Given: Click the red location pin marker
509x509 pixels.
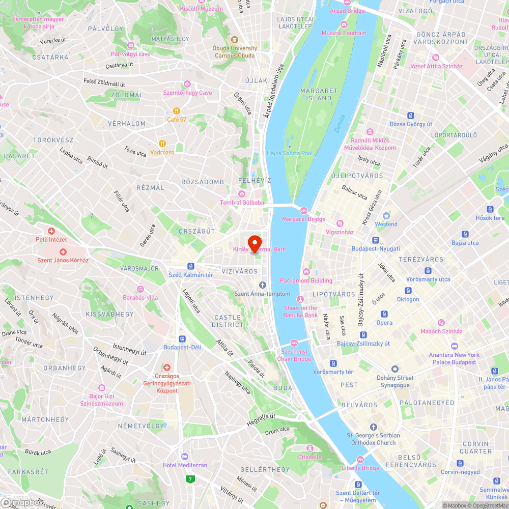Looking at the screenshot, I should point(254,242).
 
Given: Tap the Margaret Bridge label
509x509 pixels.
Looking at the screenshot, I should point(304,219).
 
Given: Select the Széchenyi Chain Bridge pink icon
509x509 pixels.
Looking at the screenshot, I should point(294,343).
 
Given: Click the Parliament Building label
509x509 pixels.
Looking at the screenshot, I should point(306,280).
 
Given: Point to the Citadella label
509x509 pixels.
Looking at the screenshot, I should point(309,457).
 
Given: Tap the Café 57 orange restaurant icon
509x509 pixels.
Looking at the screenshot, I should point(176,110).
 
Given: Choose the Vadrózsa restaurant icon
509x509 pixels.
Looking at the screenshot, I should point(162,144).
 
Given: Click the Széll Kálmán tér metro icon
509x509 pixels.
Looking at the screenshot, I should point(190,266).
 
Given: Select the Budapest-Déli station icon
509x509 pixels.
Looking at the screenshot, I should point(182,338).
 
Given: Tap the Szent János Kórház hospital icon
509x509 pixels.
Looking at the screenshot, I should point(63,251).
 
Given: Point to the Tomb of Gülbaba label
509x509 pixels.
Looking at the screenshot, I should point(242,203).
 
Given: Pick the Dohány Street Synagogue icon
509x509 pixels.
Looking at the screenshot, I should point(394,369).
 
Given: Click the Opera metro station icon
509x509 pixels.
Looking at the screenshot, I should point(384,314).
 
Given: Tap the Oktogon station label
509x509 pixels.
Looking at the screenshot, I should point(408,299).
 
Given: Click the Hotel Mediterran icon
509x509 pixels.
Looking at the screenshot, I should point(184,457).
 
